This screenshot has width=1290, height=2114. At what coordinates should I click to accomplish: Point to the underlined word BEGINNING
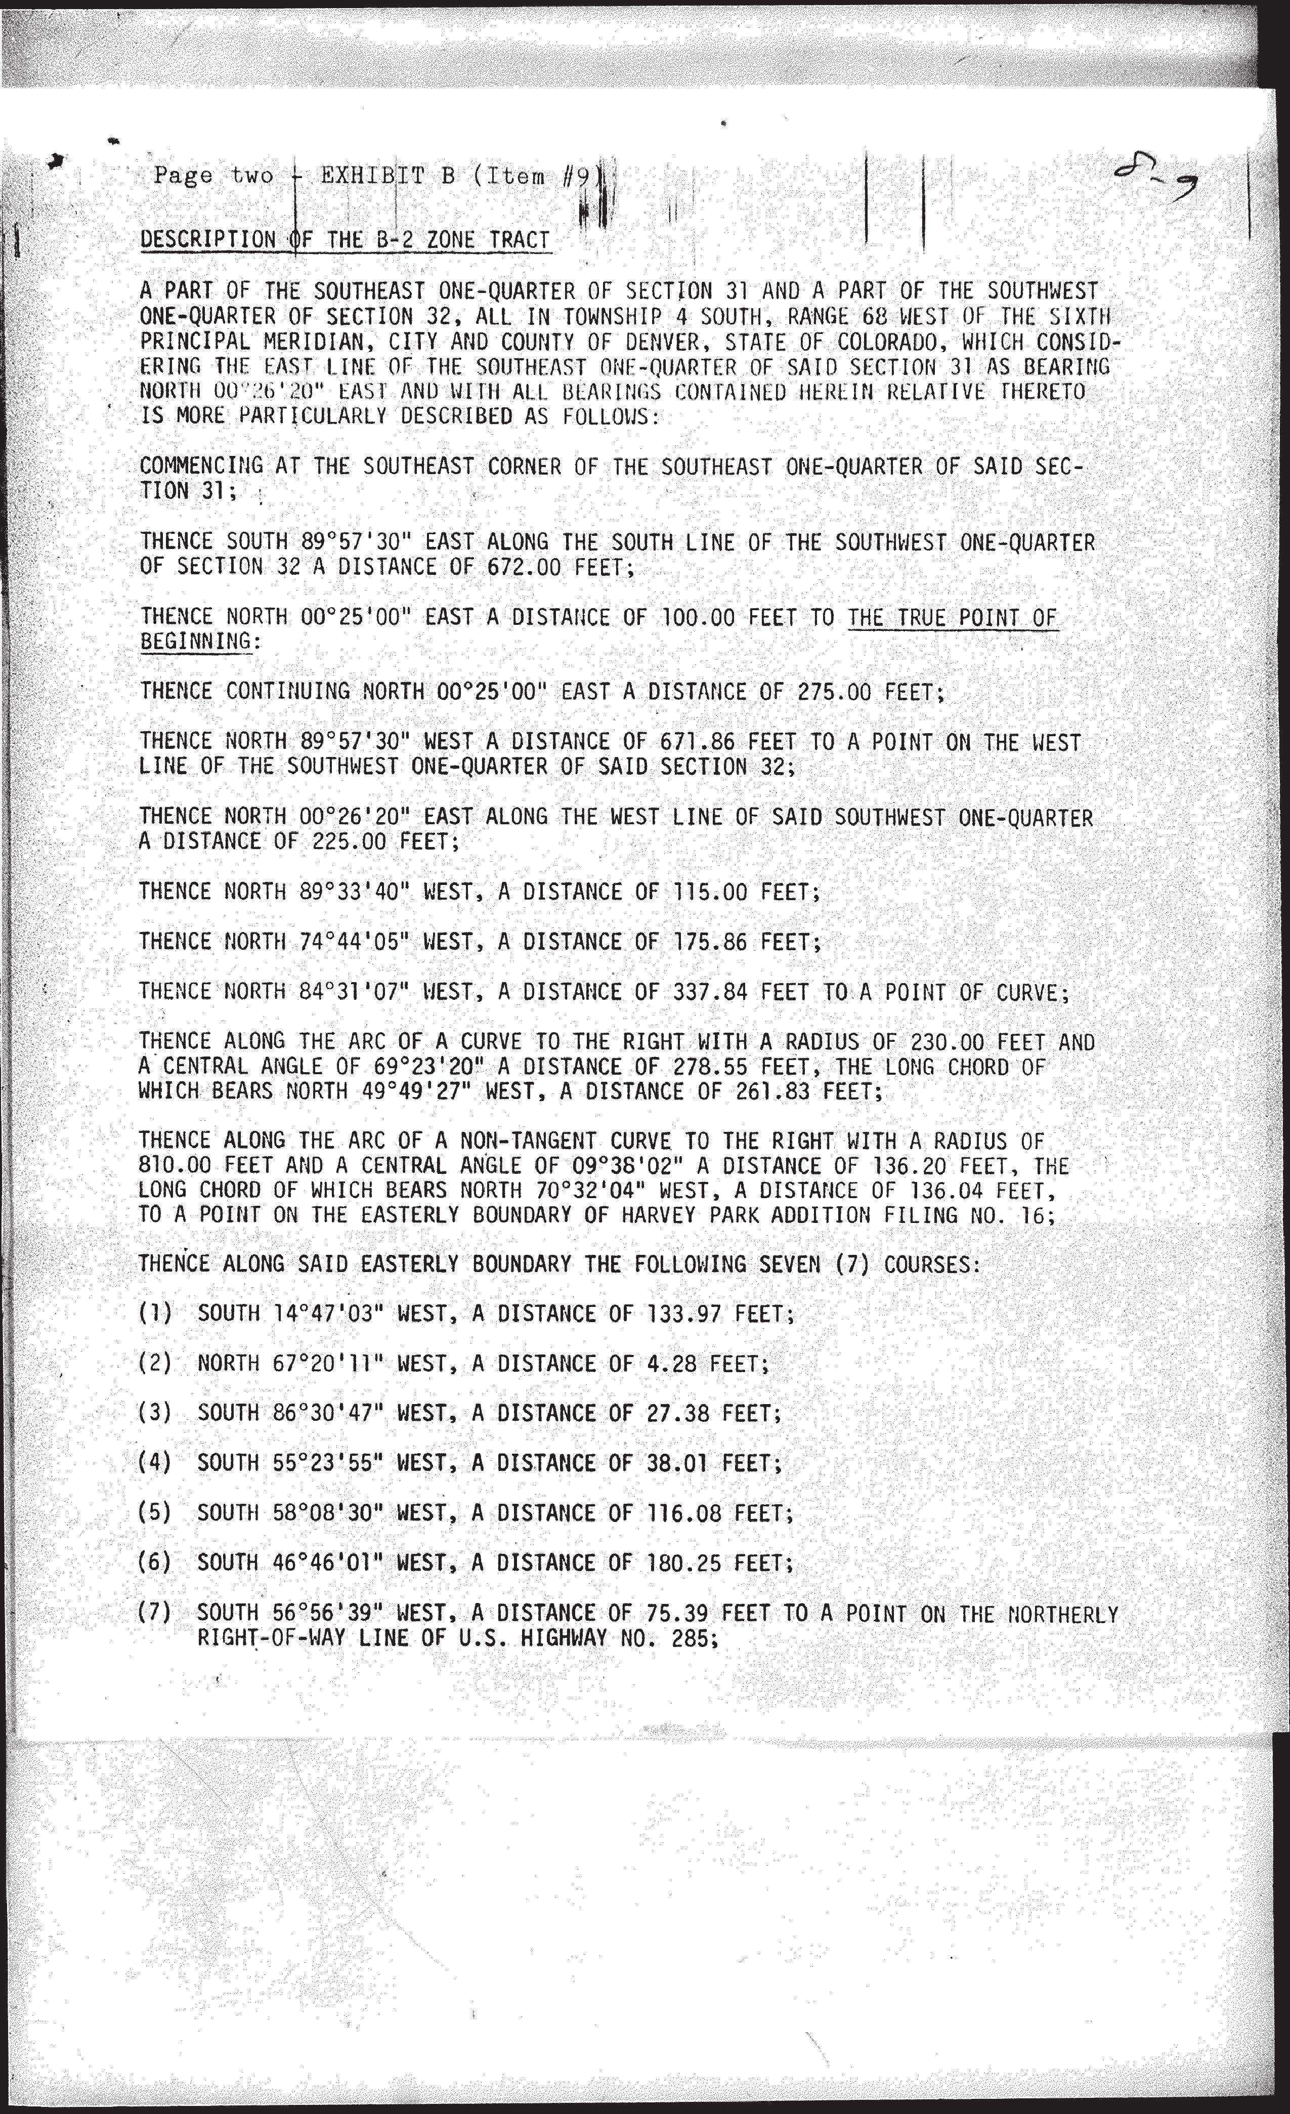click(196, 641)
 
